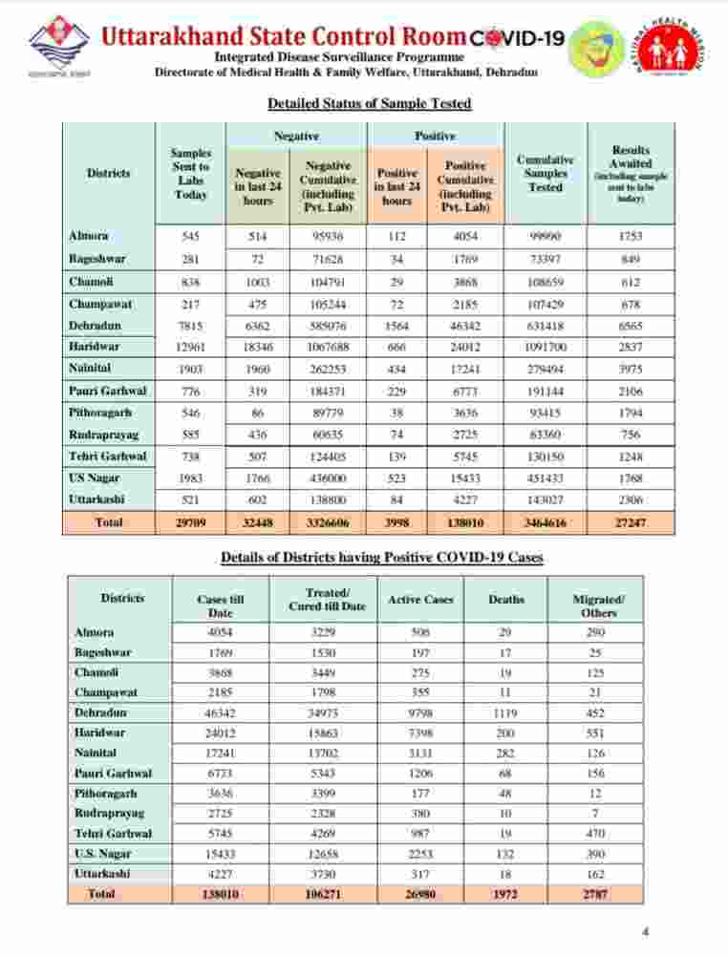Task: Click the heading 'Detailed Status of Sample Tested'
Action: pyautogui.click(x=369, y=103)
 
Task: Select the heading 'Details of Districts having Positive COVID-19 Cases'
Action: pyautogui.click(x=382, y=557)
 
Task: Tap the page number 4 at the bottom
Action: pyautogui.click(x=646, y=931)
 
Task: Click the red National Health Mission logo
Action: pyautogui.click(x=673, y=45)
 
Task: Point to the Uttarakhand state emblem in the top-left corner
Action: pyautogui.click(x=58, y=45)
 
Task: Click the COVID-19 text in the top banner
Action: pyautogui.click(x=517, y=38)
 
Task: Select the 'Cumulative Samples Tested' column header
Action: pyautogui.click(x=546, y=174)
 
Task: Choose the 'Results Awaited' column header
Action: pyautogui.click(x=631, y=174)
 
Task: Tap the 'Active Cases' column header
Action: pyautogui.click(x=420, y=600)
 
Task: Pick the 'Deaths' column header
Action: pyautogui.click(x=505, y=600)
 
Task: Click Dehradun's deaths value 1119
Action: pyautogui.click(x=505, y=712)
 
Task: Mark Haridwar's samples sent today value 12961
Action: pyautogui.click(x=190, y=347)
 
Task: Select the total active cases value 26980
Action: pyautogui.click(x=420, y=894)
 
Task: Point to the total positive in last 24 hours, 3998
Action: pyautogui.click(x=396, y=522)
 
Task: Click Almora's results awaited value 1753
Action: pyautogui.click(x=631, y=236)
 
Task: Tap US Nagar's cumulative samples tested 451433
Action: pyautogui.click(x=546, y=478)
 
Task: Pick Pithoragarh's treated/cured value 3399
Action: pyautogui.click(x=327, y=794)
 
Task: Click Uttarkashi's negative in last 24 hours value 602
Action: pyautogui.click(x=257, y=499)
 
